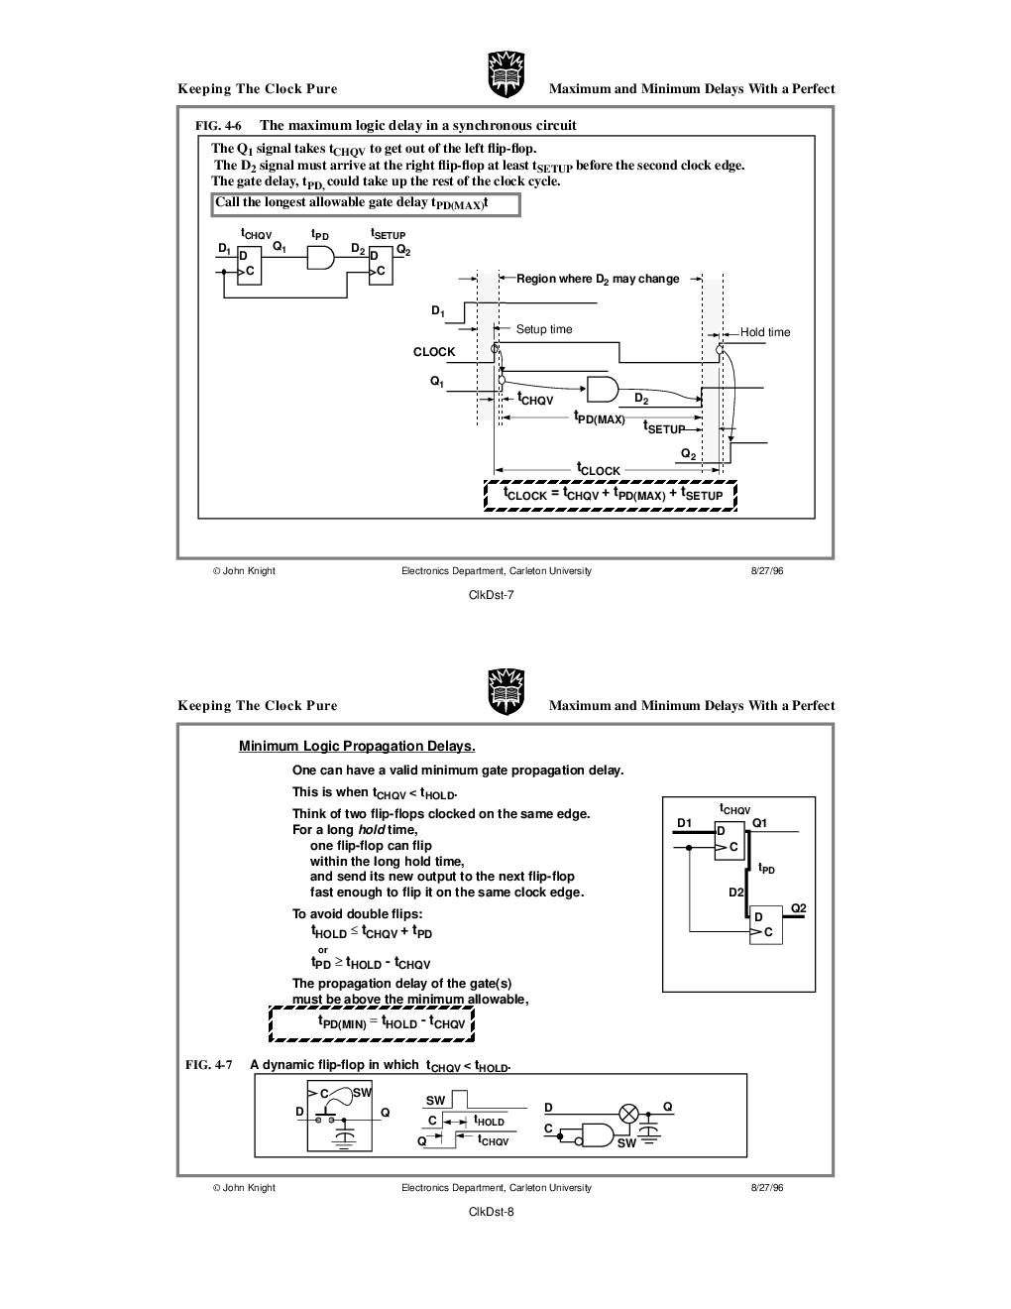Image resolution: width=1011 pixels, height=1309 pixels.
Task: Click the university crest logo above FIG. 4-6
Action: pos(506,74)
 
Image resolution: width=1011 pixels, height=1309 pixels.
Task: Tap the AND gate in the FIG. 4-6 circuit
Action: pos(320,257)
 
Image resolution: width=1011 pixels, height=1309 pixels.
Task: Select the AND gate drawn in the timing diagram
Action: pos(603,389)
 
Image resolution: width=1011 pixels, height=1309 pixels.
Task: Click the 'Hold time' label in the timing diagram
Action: pos(765,332)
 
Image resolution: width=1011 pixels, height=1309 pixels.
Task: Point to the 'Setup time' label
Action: pos(544,329)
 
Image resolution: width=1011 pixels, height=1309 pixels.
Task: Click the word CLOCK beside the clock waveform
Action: pos(433,352)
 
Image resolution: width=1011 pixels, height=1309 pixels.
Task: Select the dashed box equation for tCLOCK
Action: pos(610,495)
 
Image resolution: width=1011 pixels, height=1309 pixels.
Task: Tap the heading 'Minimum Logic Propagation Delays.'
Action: pos(357,746)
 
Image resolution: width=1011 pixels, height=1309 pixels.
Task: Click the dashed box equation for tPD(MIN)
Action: pos(371,1022)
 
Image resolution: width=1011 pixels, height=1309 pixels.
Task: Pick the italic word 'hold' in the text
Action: pos(371,829)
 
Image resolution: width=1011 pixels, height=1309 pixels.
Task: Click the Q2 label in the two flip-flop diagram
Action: pos(799,907)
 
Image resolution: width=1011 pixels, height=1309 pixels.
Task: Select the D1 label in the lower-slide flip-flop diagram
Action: pos(684,823)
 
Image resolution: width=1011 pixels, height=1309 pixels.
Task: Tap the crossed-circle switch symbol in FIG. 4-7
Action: pos(628,1114)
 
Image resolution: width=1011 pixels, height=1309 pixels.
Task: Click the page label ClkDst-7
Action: pos(492,595)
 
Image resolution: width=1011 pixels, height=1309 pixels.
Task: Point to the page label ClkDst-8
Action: pos(492,1212)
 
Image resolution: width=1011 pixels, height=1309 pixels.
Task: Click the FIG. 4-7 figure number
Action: pos(208,1064)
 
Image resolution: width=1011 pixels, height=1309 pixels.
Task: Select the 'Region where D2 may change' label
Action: pos(598,279)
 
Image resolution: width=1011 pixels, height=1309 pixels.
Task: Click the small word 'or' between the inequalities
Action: pos(323,950)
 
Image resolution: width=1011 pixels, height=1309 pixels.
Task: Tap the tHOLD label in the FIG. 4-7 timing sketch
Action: pos(489,1121)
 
